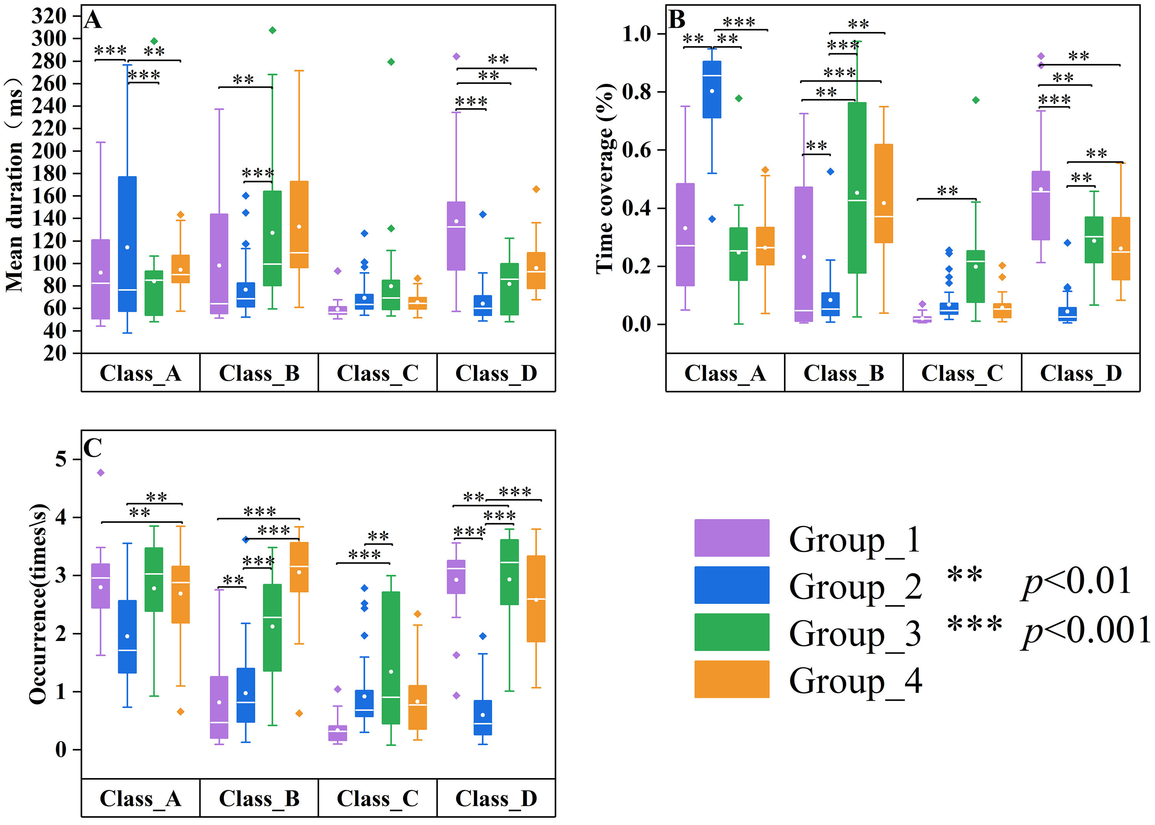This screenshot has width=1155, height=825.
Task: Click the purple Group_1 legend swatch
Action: click(x=731, y=537)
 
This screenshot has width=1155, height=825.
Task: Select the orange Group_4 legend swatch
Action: click(x=731, y=679)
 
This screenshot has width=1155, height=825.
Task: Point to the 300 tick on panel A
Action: click(x=49, y=38)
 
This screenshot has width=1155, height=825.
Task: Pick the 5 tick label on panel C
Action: click(x=61, y=459)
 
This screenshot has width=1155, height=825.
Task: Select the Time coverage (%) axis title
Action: click(x=604, y=179)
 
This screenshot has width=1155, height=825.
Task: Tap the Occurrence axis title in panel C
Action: click(x=38, y=604)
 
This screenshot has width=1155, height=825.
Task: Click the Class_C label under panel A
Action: click(x=377, y=373)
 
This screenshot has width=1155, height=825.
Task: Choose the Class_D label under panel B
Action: click(x=1080, y=373)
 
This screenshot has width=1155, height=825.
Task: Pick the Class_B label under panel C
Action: click(x=259, y=798)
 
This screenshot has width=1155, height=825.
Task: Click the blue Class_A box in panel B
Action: click(x=711, y=89)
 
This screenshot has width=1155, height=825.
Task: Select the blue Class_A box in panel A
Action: click(x=127, y=244)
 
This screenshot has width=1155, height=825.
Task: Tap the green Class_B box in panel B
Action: click(x=857, y=188)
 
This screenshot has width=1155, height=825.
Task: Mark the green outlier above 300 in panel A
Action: click(x=272, y=30)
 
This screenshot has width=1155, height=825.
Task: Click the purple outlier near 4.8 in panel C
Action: click(x=100, y=472)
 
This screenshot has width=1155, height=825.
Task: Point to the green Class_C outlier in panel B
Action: click(x=976, y=100)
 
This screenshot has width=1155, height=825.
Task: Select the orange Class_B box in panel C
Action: click(x=299, y=567)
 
